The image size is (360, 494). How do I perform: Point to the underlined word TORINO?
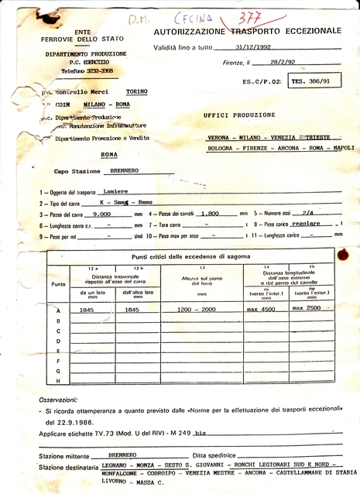(x=137, y=91)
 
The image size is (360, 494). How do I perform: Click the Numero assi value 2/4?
(x=307, y=213)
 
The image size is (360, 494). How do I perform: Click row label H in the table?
(x=57, y=380)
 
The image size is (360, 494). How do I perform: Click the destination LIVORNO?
(x=115, y=482)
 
